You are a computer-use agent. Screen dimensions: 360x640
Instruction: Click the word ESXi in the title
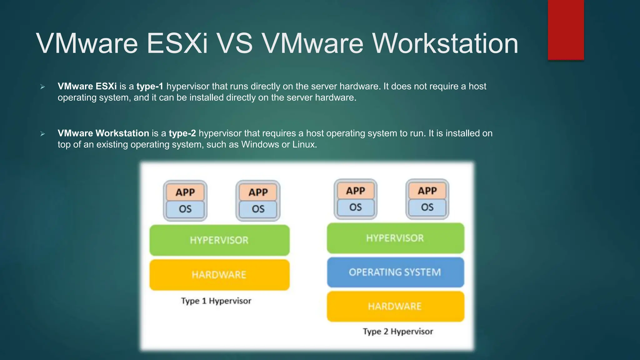click(177, 43)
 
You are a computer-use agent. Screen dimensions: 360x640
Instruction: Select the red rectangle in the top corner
click(566, 30)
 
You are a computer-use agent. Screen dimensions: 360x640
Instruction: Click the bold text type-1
click(150, 86)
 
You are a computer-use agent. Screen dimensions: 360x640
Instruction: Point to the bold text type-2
click(182, 133)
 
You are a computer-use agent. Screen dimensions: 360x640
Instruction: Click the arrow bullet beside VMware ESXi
click(43, 87)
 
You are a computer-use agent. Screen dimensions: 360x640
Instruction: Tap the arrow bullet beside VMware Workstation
click(43, 134)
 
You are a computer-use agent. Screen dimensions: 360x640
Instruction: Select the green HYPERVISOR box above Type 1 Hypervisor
click(219, 240)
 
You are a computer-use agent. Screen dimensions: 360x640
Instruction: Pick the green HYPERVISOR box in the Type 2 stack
click(395, 238)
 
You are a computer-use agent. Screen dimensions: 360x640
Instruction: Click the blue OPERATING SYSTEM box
click(395, 272)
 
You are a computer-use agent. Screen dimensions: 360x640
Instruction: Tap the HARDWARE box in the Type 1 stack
click(219, 275)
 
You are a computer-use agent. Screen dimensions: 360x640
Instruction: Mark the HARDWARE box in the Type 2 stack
click(395, 306)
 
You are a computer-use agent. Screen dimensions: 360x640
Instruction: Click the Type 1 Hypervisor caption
click(216, 301)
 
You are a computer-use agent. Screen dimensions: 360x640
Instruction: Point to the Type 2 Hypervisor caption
click(398, 331)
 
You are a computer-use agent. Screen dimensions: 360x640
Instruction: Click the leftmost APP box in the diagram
click(185, 192)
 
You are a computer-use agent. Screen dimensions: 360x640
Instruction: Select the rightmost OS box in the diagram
click(427, 207)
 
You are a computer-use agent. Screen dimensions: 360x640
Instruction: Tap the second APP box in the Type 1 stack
click(258, 192)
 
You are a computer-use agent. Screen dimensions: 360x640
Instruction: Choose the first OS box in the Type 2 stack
click(356, 207)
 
